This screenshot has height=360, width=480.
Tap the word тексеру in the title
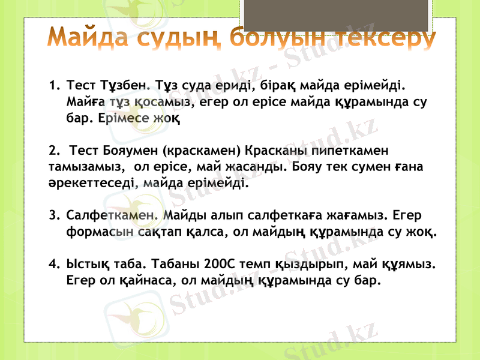click(x=385, y=38)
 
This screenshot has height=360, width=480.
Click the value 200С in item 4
click(x=221, y=264)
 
